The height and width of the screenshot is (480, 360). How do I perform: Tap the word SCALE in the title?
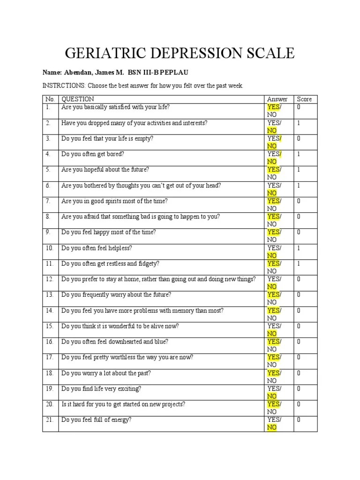[x=270, y=53]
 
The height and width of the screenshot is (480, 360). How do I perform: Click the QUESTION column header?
[x=78, y=99]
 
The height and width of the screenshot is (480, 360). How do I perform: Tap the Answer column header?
[x=277, y=99]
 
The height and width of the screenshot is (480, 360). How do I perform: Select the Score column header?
[x=304, y=99]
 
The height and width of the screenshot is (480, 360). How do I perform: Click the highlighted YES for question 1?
[x=273, y=107]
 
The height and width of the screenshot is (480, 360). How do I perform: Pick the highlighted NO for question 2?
[x=272, y=130]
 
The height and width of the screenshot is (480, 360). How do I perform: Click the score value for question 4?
[x=299, y=154]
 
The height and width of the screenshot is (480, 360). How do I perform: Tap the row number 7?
[x=47, y=201]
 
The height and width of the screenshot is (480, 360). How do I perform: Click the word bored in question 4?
[x=116, y=154]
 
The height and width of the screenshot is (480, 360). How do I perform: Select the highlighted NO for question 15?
[x=272, y=334]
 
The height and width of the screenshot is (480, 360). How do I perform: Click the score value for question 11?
[x=299, y=263]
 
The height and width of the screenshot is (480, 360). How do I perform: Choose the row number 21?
[x=49, y=420]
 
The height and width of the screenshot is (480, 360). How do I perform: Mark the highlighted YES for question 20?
[x=273, y=404]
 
